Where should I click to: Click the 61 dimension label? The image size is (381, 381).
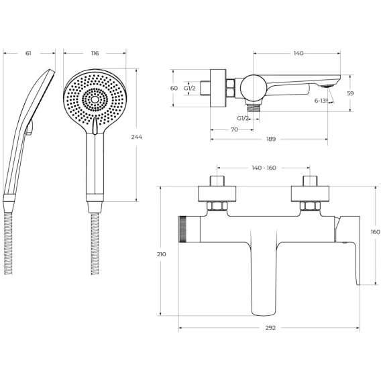point(28,53)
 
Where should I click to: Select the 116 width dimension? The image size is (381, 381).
point(95,53)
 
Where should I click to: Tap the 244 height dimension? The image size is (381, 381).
point(137,137)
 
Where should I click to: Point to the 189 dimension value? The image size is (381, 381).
point(271,140)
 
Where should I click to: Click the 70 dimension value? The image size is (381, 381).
point(234,129)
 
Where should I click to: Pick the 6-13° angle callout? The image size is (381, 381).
point(321,101)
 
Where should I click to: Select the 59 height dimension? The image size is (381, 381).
point(350,93)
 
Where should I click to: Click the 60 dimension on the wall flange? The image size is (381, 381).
point(174,88)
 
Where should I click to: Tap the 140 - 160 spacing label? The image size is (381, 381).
point(264,168)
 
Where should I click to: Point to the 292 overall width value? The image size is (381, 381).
point(270,328)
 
